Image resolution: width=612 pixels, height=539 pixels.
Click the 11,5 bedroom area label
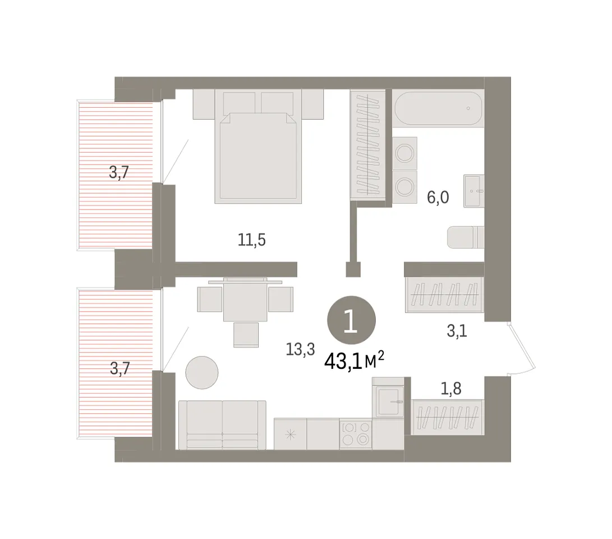click(x=252, y=239)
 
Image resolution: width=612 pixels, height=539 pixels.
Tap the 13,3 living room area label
click(x=300, y=349)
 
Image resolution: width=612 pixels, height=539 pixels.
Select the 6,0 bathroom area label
click(x=438, y=197)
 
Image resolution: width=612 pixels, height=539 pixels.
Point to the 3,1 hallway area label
click(x=457, y=331)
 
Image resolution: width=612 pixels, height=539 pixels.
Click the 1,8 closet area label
click(x=451, y=388)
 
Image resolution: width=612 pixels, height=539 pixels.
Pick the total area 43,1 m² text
click(x=354, y=361)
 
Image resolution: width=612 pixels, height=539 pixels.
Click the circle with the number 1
click(x=351, y=320)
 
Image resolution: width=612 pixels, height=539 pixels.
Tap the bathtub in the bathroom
click(x=438, y=108)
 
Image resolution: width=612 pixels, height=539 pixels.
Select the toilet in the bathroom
click(x=466, y=237)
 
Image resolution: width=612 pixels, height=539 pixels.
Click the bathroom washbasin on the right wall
click(x=474, y=191)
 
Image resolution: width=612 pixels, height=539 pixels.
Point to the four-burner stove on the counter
click(x=356, y=433)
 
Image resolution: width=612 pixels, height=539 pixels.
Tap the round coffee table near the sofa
click(x=202, y=373)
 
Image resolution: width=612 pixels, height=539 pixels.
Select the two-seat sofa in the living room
click(x=223, y=425)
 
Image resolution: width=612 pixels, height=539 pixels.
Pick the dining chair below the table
click(x=246, y=335)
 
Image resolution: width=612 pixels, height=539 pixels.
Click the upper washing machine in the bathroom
click(x=405, y=153)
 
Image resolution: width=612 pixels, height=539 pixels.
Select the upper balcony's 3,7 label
click(x=119, y=172)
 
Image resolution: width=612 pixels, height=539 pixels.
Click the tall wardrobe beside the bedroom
click(x=367, y=145)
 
